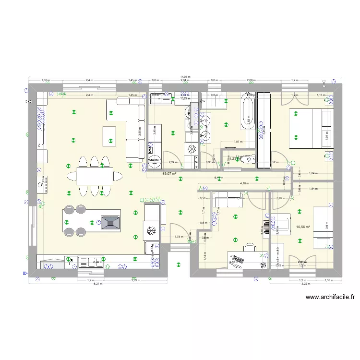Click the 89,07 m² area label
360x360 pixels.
(169, 174)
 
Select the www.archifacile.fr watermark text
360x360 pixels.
(333, 298)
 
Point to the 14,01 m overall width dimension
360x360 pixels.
(185, 77)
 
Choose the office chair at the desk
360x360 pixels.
(250, 247)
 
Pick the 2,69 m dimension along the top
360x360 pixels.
(250, 81)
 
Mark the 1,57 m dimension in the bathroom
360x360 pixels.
(237, 142)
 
